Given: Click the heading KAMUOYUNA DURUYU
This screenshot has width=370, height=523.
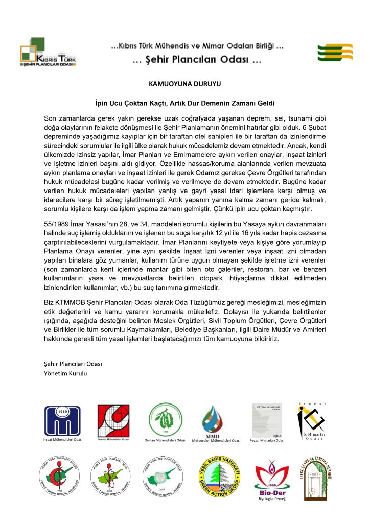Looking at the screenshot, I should tap(184, 81).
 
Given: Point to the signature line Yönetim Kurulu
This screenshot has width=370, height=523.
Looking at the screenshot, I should tap(66, 373).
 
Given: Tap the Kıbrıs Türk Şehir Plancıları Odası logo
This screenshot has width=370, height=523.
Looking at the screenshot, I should tap(48, 52).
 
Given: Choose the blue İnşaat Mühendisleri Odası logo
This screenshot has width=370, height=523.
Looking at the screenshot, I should tap(62, 421).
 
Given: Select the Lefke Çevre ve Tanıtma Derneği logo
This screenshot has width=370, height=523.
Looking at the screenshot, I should tap(315, 477).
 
